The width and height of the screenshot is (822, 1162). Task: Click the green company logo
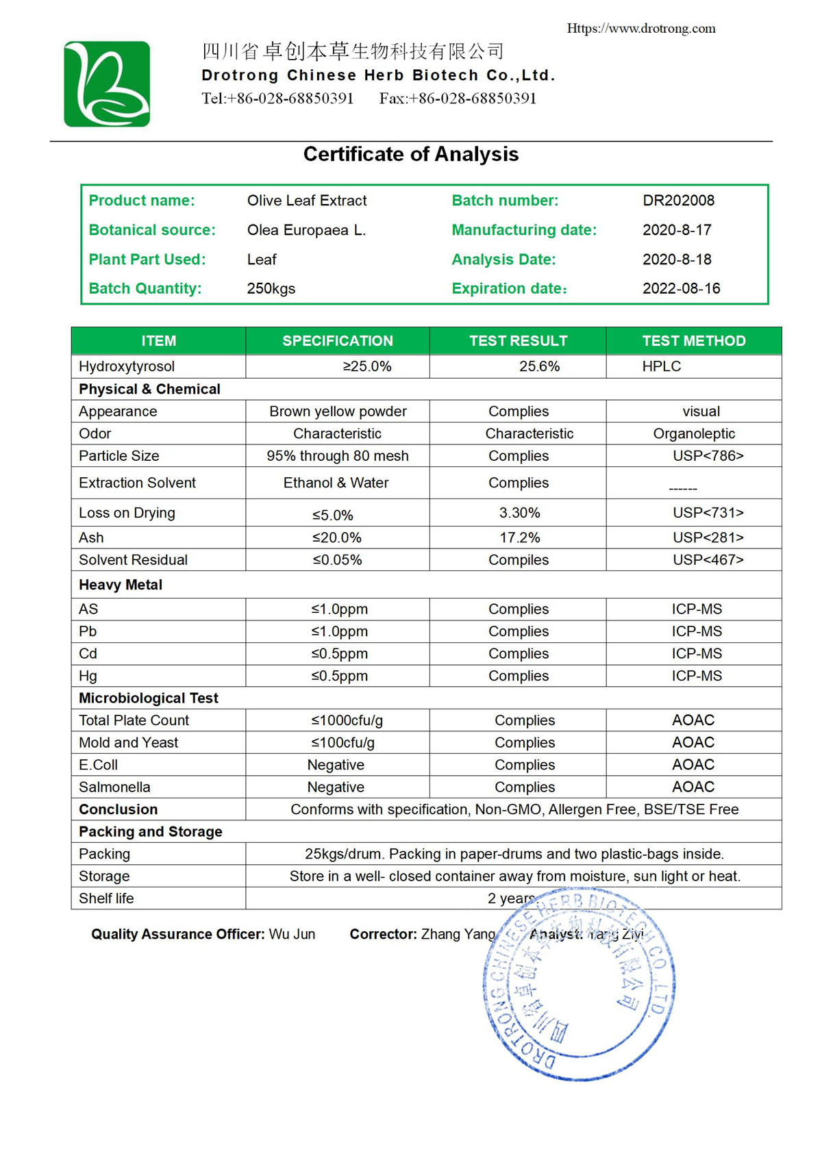pos(107,84)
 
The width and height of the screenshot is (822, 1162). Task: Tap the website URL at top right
pos(640,29)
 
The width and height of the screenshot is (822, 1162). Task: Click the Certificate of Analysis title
pos(410,154)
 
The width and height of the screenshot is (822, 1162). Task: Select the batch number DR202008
pos(678,201)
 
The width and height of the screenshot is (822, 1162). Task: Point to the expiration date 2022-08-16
pos(681,288)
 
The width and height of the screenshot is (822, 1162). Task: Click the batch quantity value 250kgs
pos(271,288)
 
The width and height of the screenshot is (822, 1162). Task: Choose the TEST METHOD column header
pos(693,341)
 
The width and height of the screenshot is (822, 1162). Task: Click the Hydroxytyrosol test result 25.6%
pos(539,366)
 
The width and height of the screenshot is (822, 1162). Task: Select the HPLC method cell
pos(661,366)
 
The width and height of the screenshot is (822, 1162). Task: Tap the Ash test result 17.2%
pos(519,538)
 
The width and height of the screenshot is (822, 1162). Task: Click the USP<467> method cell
pos(708,560)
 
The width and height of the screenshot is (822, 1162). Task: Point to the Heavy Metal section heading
pos(121,585)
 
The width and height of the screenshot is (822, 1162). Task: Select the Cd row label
pos(88,653)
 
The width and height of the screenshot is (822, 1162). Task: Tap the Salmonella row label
pos(114,787)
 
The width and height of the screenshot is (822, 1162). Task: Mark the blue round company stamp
pos(580,986)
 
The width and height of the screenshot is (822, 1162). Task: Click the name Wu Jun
pos(292,934)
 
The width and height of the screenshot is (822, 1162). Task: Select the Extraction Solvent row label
pos(137,483)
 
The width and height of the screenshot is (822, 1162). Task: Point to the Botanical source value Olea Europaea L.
pos(306,230)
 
